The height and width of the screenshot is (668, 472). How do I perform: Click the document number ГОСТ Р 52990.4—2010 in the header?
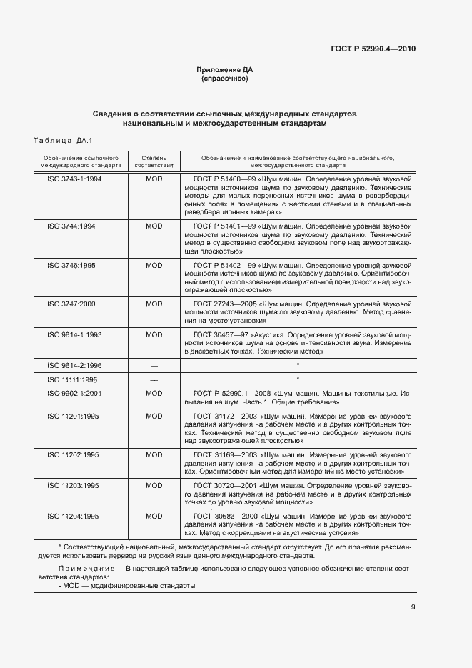click(x=373, y=49)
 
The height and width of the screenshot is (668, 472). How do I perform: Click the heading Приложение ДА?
click(x=225, y=70)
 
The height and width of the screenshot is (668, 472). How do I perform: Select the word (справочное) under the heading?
click(x=225, y=79)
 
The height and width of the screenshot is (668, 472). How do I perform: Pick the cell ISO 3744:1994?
click(x=71, y=226)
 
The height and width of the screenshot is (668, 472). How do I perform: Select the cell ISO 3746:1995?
click(x=71, y=265)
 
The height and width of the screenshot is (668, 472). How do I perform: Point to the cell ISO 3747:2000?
click(x=71, y=304)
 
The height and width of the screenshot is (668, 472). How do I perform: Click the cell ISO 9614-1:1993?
click(x=74, y=334)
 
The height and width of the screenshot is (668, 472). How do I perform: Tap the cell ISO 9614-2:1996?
click(x=74, y=365)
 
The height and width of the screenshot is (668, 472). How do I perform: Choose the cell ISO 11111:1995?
click(x=72, y=379)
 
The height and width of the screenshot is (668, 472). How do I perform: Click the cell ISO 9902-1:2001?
click(x=74, y=393)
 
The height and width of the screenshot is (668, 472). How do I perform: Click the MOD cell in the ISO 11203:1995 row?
click(x=154, y=485)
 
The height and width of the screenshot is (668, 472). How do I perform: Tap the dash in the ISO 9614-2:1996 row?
click(x=154, y=365)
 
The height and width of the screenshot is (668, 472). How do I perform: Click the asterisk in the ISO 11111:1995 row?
click(x=297, y=379)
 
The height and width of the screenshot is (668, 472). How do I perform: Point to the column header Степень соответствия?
click(x=154, y=160)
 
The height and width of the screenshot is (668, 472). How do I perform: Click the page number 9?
click(x=413, y=608)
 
